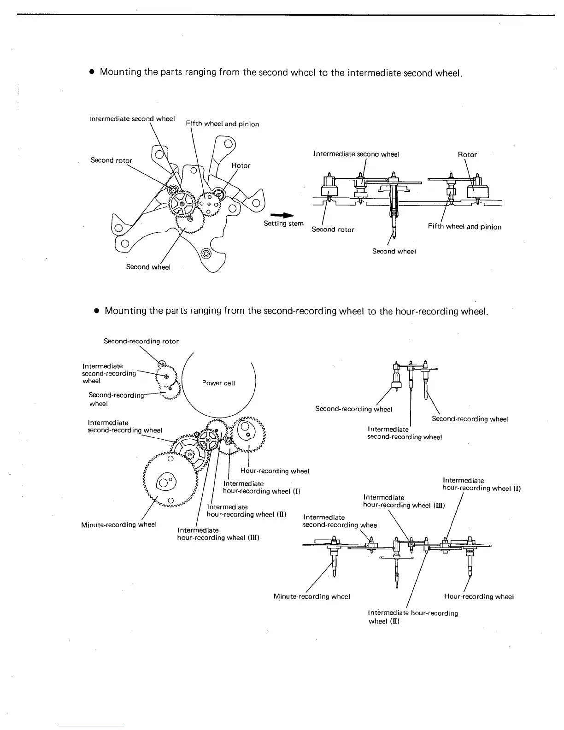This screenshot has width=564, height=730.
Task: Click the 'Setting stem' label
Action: point(283,224)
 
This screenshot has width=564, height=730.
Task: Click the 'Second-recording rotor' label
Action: point(141,341)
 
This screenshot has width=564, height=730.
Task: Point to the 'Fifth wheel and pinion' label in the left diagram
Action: point(222,124)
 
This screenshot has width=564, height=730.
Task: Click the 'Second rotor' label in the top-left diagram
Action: point(111,160)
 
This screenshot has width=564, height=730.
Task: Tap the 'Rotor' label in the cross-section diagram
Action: point(467,154)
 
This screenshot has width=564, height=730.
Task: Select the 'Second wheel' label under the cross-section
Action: point(394,251)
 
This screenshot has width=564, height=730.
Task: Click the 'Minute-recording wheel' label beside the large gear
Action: point(119,524)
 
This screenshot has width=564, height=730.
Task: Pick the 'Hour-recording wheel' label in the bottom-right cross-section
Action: point(479,596)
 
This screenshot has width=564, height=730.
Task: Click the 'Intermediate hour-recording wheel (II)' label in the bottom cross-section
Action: point(413,617)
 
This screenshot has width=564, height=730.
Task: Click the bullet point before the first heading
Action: point(92,72)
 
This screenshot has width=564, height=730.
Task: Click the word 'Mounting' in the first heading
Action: point(121,72)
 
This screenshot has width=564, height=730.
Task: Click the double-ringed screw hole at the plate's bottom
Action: point(206,253)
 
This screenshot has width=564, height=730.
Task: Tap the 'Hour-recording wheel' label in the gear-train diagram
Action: point(274,471)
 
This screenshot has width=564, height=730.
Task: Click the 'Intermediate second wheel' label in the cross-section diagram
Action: point(356,154)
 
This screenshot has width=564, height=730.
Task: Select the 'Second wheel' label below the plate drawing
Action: point(148,267)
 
